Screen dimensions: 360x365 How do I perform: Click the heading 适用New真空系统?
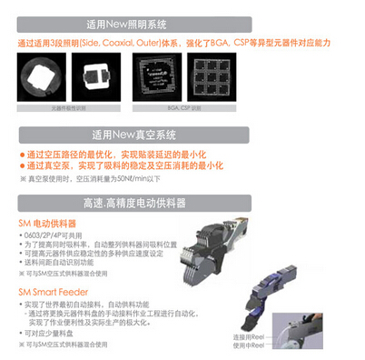coord(182,134)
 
